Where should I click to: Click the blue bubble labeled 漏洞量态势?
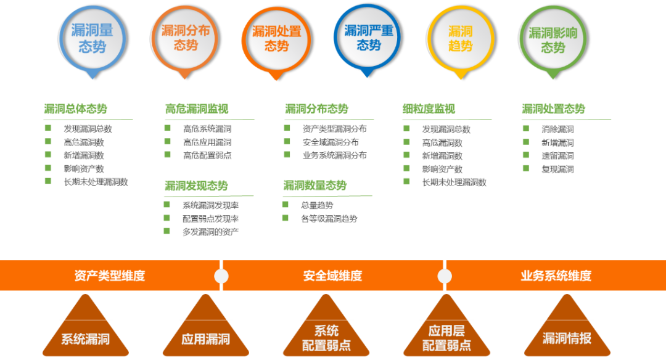pyautogui.click(x=91, y=38)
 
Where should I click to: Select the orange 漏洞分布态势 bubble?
pyautogui.click(x=185, y=38)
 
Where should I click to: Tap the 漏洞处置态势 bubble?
pyautogui.click(x=276, y=38)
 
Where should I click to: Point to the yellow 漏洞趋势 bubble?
pyautogui.click(x=461, y=38)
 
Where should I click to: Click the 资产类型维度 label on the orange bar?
pyautogui.click(x=110, y=276)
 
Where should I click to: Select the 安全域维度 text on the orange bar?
pyautogui.click(x=332, y=276)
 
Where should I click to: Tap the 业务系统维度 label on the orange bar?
pyautogui.click(x=556, y=276)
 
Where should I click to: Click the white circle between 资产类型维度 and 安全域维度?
pyautogui.click(x=221, y=276)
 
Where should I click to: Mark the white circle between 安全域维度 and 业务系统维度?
pyautogui.click(x=444, y=276)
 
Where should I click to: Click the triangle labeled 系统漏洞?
pyautogui.click(x=85, y=330)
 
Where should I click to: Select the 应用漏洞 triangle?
pyautogui.click(x=205, y=330)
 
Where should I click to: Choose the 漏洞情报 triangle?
pyautogui.click(x=567, y=330)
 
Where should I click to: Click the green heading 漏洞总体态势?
pyautogui.click(x=75, y=109)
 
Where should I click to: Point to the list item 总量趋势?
pyautogui.click(x=317, y=205)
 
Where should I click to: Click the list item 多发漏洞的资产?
pyautogui.click(x=210, y=232)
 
